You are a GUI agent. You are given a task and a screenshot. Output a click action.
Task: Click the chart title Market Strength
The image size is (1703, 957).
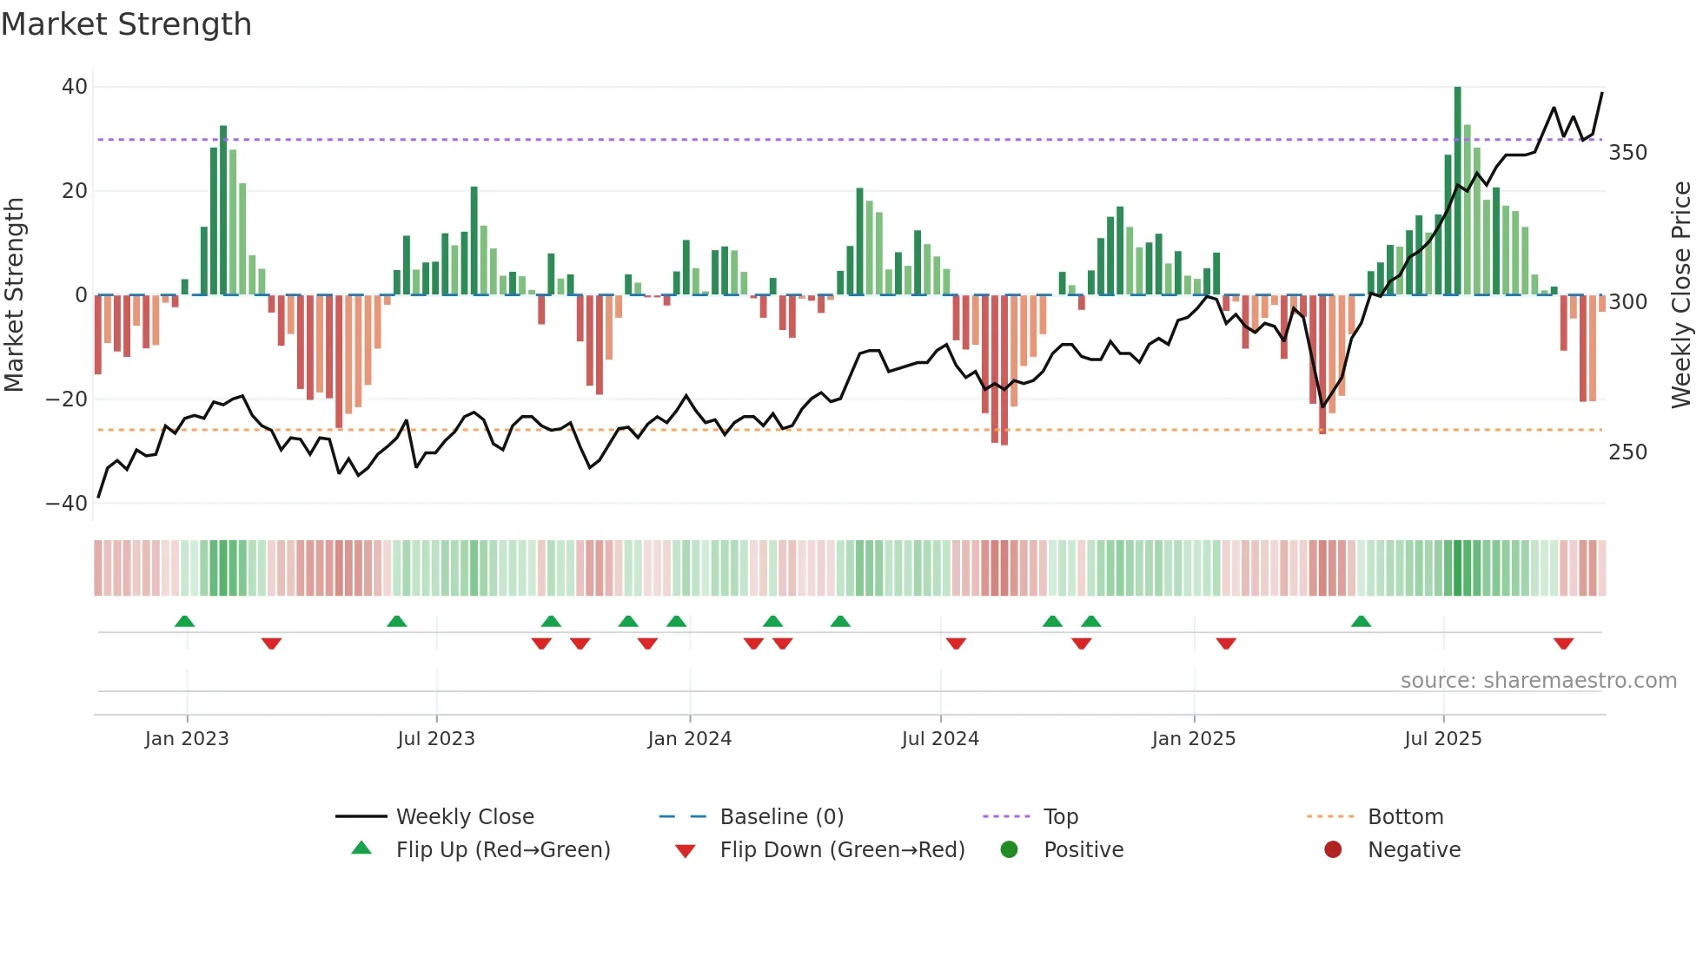[126, 24]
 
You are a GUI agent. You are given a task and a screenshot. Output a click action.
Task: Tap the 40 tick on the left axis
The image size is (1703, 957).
[74, 87]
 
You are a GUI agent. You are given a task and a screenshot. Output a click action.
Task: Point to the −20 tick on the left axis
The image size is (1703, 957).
[66, 399]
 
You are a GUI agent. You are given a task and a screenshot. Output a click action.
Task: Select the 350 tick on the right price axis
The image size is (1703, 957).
[1627, 153]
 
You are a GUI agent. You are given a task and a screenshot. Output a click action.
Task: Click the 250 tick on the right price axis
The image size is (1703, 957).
[1627, 452]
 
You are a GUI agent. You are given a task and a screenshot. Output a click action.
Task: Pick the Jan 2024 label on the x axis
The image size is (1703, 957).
[689, 739]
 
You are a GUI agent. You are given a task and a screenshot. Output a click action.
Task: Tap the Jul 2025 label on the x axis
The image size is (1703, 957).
[1442, 739]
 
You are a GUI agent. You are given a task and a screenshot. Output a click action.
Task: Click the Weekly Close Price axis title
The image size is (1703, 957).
[1681, 295]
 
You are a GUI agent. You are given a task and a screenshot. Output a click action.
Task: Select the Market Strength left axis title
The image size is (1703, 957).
[14, 295]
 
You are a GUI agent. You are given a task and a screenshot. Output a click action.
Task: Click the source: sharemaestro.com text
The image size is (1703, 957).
[1538, 681]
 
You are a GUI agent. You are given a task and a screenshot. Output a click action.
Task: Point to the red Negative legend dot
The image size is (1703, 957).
[1332, 850]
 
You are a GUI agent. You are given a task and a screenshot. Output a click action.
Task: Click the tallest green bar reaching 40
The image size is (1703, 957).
[1457, 191]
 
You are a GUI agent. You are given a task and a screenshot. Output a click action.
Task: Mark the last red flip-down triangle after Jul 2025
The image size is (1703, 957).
[1563, 643]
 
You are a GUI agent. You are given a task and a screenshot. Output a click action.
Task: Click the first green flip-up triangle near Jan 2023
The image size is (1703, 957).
[184, 621]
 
